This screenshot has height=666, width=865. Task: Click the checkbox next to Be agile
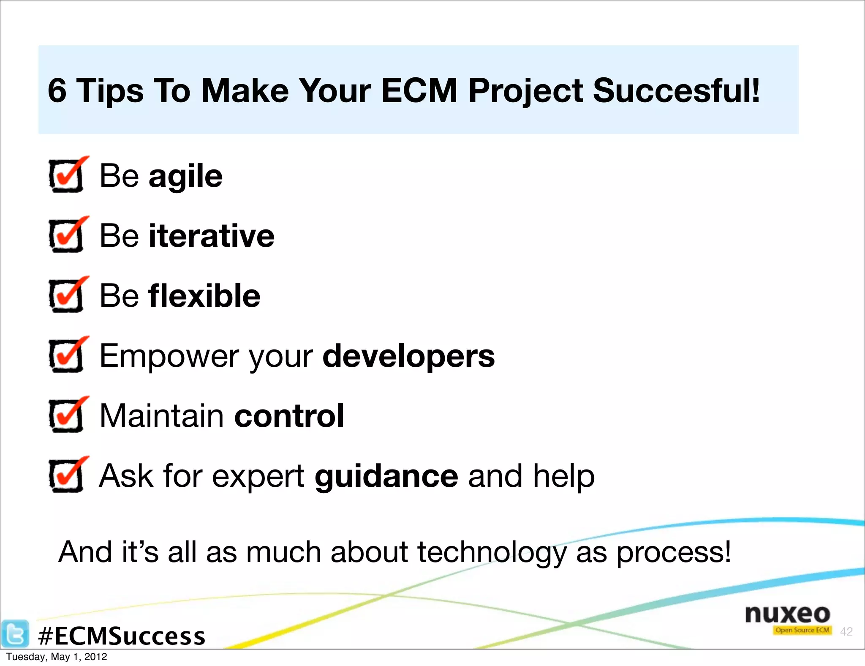point(66,175)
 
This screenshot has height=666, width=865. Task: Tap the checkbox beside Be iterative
point(66,235)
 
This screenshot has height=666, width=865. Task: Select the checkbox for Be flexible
point(66,295)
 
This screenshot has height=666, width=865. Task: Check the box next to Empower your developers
point(66,355)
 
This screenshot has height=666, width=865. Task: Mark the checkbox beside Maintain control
point(66,415)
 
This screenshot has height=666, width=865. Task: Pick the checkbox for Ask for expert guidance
point(66,475)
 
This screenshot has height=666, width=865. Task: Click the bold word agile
point(185,176)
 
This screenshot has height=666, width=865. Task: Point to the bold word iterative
point(211,236)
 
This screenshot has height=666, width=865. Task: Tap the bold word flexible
point(204,296)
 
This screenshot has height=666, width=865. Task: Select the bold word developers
point(408,356)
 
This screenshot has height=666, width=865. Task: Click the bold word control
point(289,416)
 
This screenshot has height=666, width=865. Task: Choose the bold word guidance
point(386,476)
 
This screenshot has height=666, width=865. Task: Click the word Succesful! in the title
point(676,90)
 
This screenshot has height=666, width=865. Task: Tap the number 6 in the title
point(57,90)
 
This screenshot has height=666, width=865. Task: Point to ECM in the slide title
point(419,90)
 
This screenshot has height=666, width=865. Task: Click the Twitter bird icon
point(15,633)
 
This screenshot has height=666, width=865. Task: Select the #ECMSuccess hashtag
point(122,636)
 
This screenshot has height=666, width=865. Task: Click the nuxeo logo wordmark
point(787,614)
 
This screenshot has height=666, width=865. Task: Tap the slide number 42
point(846,631)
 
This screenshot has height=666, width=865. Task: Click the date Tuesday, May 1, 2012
point(57,657)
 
